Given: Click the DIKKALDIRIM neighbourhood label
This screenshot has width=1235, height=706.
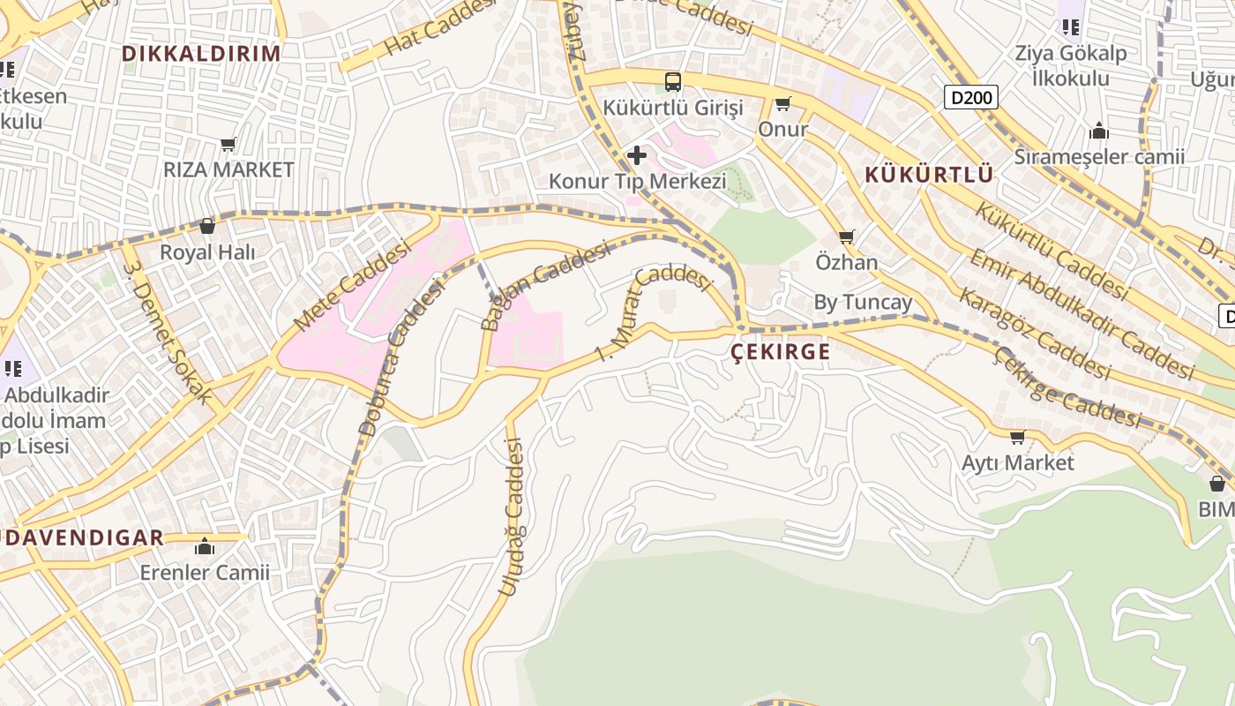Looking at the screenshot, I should [201, 53].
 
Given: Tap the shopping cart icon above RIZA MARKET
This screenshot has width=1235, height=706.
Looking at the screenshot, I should [228, 144].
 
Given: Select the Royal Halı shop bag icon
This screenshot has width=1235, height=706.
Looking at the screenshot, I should [207, 227].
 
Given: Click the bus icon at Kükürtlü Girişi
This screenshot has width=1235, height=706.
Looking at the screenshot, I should [673, 82].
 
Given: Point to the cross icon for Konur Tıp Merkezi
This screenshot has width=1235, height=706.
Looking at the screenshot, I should [636, 156].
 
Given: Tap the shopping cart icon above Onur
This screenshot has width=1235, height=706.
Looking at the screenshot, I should [782, 104].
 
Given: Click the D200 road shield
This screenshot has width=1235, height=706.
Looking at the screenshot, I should [971, 97].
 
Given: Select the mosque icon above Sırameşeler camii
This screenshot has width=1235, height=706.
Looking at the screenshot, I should [1099, 131].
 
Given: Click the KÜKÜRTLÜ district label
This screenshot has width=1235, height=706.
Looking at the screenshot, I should [929, 175].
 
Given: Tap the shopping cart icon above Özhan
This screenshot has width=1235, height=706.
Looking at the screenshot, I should [847, 237].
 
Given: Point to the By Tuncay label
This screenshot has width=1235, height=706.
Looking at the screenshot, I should [863, 303].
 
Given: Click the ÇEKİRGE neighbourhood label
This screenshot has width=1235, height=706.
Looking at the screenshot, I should [781, 352].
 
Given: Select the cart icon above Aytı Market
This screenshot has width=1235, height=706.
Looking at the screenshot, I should [1018, 437].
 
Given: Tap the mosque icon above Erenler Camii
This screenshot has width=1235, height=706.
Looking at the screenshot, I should [205, 547].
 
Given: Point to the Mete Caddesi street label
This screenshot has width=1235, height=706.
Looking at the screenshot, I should [353, 287].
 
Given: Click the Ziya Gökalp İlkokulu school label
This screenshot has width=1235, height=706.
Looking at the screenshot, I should [1071, 65].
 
